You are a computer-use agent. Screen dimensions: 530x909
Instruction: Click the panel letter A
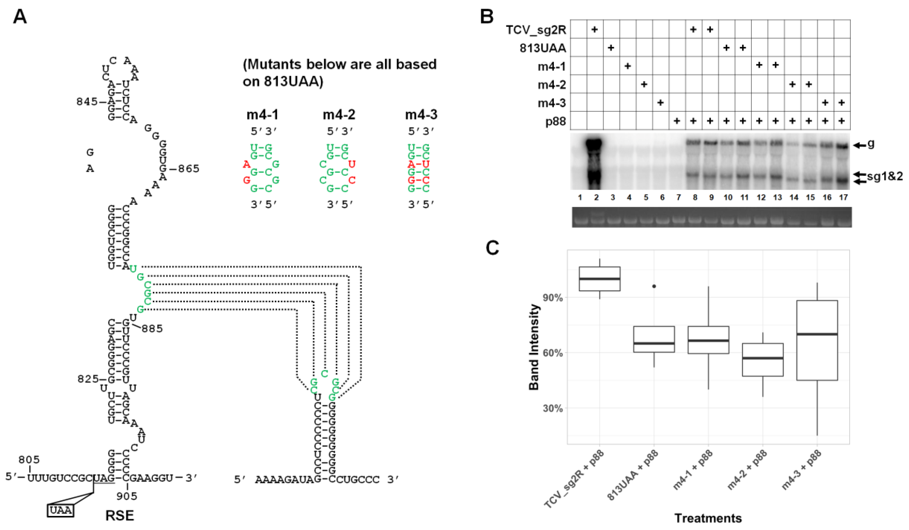20,17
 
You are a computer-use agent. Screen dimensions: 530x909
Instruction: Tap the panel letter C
492,248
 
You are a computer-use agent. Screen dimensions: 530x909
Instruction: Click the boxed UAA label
61,510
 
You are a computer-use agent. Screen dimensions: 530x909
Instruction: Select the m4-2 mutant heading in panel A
339,115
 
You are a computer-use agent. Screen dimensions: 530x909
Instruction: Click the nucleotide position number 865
188,169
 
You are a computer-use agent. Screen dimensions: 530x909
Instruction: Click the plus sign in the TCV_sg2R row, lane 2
595,29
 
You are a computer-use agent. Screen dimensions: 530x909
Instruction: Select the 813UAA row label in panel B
543,48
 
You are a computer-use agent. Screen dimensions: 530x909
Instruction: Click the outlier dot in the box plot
654,286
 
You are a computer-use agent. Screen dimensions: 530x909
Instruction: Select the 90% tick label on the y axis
553,298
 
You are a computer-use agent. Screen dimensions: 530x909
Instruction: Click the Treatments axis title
708,518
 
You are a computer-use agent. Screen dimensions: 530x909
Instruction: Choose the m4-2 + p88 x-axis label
747,474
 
